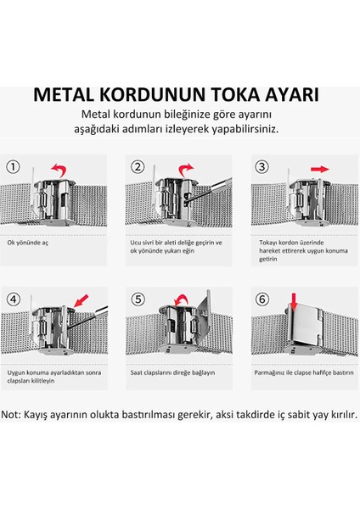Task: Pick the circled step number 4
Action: (x=15, y=299)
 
